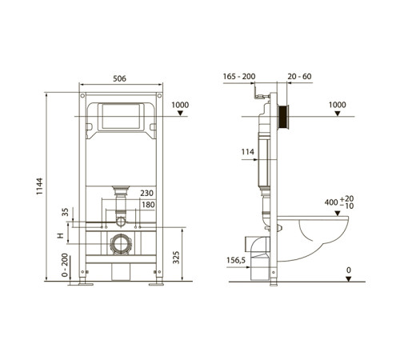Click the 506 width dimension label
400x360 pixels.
coord(119,78)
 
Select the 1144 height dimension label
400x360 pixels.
coord(39,186)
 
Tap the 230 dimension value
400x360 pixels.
coord(147,193)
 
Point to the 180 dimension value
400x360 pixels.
coord(148,205)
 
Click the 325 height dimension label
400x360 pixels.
coord(176,258)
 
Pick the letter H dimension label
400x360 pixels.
coord(61,235)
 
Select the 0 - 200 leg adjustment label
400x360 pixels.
coord(65,265)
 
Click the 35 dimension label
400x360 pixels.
coord(65,212)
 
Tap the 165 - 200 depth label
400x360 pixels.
coord(239,77)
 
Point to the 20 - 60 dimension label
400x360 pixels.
coord(299,77)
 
